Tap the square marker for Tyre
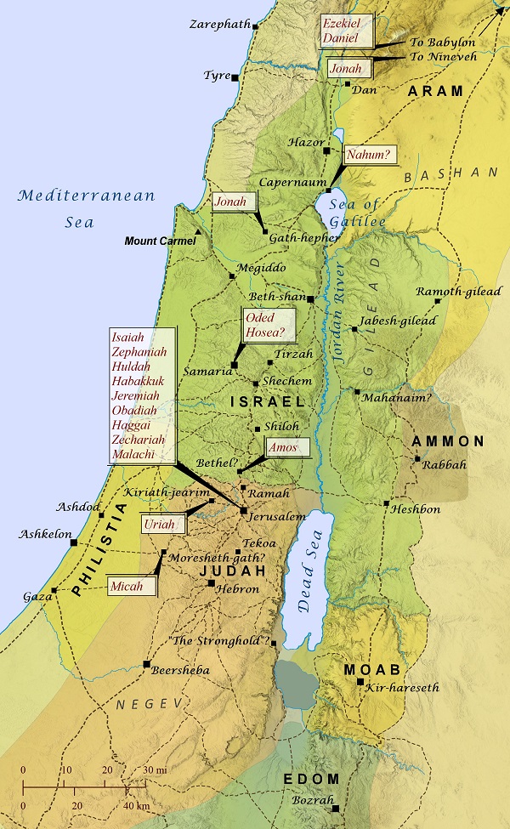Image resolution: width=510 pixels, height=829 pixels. [x=235, y=77]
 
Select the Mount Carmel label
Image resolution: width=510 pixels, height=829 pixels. [x=160, y=241]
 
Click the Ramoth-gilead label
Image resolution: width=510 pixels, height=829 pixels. [x=459, y=292]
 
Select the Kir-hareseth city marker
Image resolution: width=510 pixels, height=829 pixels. [x=361, y=682]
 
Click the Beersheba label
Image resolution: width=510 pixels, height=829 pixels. [x=180, y=670]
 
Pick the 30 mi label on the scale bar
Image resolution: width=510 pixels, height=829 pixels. [x=154, y=769]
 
